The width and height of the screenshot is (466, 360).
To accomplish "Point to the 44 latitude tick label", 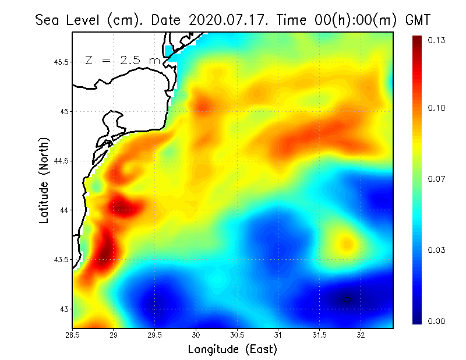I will click(x=65, y=210).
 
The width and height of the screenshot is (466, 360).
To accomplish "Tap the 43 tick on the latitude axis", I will click(x=65, y=309).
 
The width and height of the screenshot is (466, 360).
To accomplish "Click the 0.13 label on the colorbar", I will click(x=437, y=40).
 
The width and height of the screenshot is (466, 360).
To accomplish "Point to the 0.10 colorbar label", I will click(x=437, y=108).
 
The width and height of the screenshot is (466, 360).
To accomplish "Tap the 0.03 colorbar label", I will click(x=437, y=250).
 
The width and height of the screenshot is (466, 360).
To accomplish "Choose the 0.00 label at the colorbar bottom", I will click(x=437, y=321).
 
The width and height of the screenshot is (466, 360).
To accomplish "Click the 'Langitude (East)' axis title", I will click(x=232, y=350).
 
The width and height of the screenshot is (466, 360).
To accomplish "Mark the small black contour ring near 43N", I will click(x=347, y=299).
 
